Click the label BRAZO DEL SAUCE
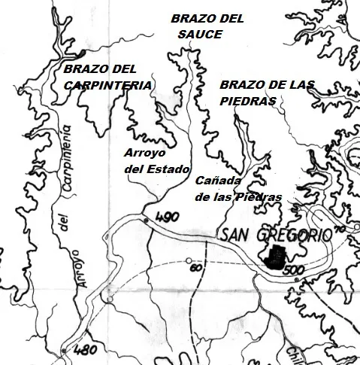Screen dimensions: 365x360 tap(207, 26)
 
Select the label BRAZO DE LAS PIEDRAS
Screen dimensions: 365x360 tap(268, 92)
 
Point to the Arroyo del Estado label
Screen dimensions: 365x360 tap(156, 160)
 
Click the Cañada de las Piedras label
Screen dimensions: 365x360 tap(238, 189)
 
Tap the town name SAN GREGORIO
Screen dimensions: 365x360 tap(276, 236)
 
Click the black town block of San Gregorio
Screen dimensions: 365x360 tap(276, 257)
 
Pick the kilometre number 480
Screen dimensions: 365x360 tap(87, 349)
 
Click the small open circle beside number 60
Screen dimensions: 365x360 tap(188, 262)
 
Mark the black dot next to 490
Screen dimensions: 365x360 tap(145, 221)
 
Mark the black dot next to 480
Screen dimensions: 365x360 tap(65, 351)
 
